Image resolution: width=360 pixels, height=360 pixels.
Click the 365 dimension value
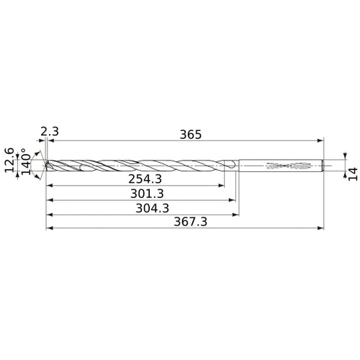click(x=191, y=135)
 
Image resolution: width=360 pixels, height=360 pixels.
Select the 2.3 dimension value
click(x=50, y=132)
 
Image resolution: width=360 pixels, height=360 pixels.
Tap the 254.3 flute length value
click(x=145, y=179)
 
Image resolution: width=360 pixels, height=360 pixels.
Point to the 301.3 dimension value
click(x=147, y=194)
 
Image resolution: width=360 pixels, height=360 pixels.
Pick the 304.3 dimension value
click(x=153, y=208)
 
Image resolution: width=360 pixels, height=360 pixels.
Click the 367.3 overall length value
click(x=190, y=222)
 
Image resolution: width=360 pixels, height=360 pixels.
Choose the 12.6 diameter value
click(x=9, y=160)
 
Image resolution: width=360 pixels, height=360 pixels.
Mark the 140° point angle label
click(x=27, y=161)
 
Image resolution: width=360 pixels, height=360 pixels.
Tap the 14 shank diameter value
click(x=353, y=174)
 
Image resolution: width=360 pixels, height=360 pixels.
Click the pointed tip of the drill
click(x=45, y=166)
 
